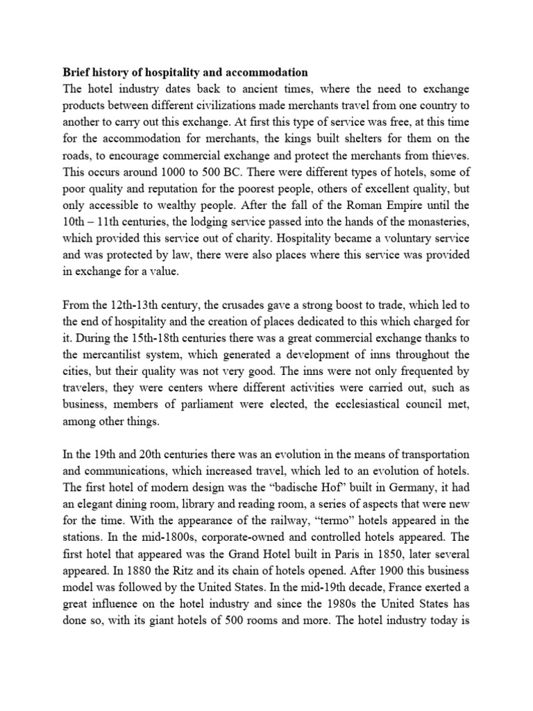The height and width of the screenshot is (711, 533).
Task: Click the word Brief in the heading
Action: [78, 72]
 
